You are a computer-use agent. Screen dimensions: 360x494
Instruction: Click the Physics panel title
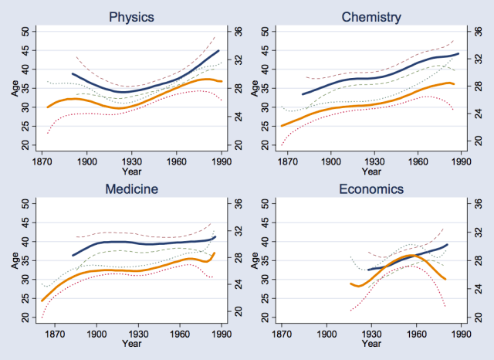click(x=131, y=15)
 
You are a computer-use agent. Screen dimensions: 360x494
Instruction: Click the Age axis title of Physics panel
click(x=14, y=87)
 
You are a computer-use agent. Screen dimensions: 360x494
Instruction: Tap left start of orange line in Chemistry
click(x=282, y=125)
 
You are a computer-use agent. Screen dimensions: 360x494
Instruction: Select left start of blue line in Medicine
click(x=73, y=255)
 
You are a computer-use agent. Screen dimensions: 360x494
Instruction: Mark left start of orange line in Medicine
click(x=42, y=300)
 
